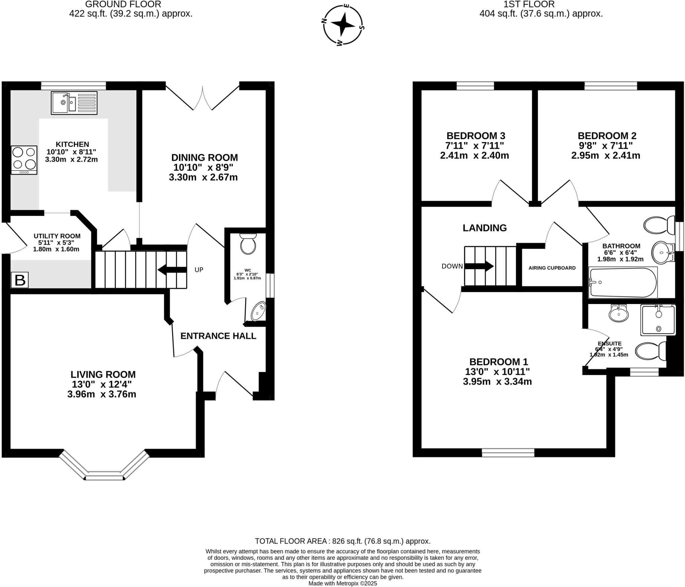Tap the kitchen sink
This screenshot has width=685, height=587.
(74, 103)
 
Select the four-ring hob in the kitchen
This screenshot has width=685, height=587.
(24, 159)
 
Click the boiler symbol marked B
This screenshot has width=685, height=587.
(20, 280)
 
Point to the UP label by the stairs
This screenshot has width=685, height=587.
(199, 270)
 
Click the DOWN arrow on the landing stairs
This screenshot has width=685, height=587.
(479, 266)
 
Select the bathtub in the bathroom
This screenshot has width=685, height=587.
(622, 282)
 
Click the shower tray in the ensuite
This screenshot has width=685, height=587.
(658, 320)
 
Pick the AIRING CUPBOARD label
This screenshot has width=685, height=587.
(552, 268)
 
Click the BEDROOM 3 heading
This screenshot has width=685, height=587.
(476, 136)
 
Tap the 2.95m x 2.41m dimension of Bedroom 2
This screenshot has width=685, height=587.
(605, 156)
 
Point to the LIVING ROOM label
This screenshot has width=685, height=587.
(103, 374)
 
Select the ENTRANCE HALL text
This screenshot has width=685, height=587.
(218, 336)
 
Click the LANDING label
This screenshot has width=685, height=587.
(484, 228)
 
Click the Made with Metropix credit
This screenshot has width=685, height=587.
(342, 583)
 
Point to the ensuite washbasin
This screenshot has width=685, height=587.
(618, 314)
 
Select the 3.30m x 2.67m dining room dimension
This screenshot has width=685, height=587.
(203, 177)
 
